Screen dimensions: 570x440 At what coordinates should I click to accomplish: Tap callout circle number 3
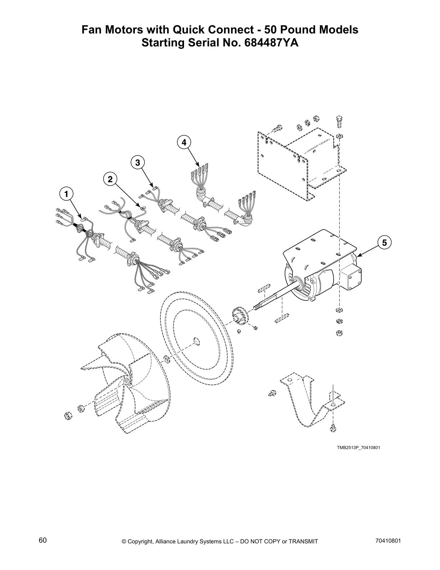(x=138, y=162)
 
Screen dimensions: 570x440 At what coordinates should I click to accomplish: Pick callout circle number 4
(x=184, y=142)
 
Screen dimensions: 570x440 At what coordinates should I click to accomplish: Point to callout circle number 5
(x=384, y=243)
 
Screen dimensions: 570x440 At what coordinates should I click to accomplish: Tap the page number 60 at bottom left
(x=43, y=540)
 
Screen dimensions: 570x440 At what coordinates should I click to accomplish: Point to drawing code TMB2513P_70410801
(x=358, y=448)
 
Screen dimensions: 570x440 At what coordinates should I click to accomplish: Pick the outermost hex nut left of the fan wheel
(x=67, y=416)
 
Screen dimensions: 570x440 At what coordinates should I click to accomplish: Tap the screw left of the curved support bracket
(x=272, y=393)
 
